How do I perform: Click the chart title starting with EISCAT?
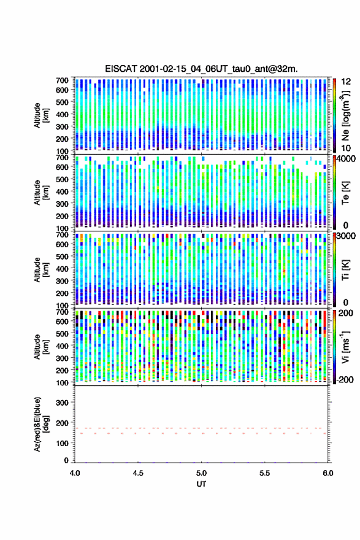pyautogui.click(x=201, y=69)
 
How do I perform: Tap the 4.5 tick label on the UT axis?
pyautogui.click(x=138, y=473)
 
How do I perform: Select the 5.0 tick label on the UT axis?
pyautogui.click(x=201, y=473)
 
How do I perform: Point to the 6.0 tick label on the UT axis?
pyautogui.click(x=328, y=473)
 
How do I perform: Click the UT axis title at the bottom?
pyautogui.click(x=201, y=484)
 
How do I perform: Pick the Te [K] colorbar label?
pyautogui.click(x=345, y=192)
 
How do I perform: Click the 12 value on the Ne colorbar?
pyautogui.click(x=346, y=82)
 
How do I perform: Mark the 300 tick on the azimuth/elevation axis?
pyautogui.click(x=63, y=403)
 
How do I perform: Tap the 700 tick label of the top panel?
pyautogui.click(x=63, y=80)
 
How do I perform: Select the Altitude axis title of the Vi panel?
pyautogui.click(x=40, y=347)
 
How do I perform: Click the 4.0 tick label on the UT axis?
pyautogui.click(x=75, y=473)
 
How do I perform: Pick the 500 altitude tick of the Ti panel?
pyautogui.click(x=63, y=256)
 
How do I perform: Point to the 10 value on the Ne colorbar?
pyautogui.click(x=346, y=148)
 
